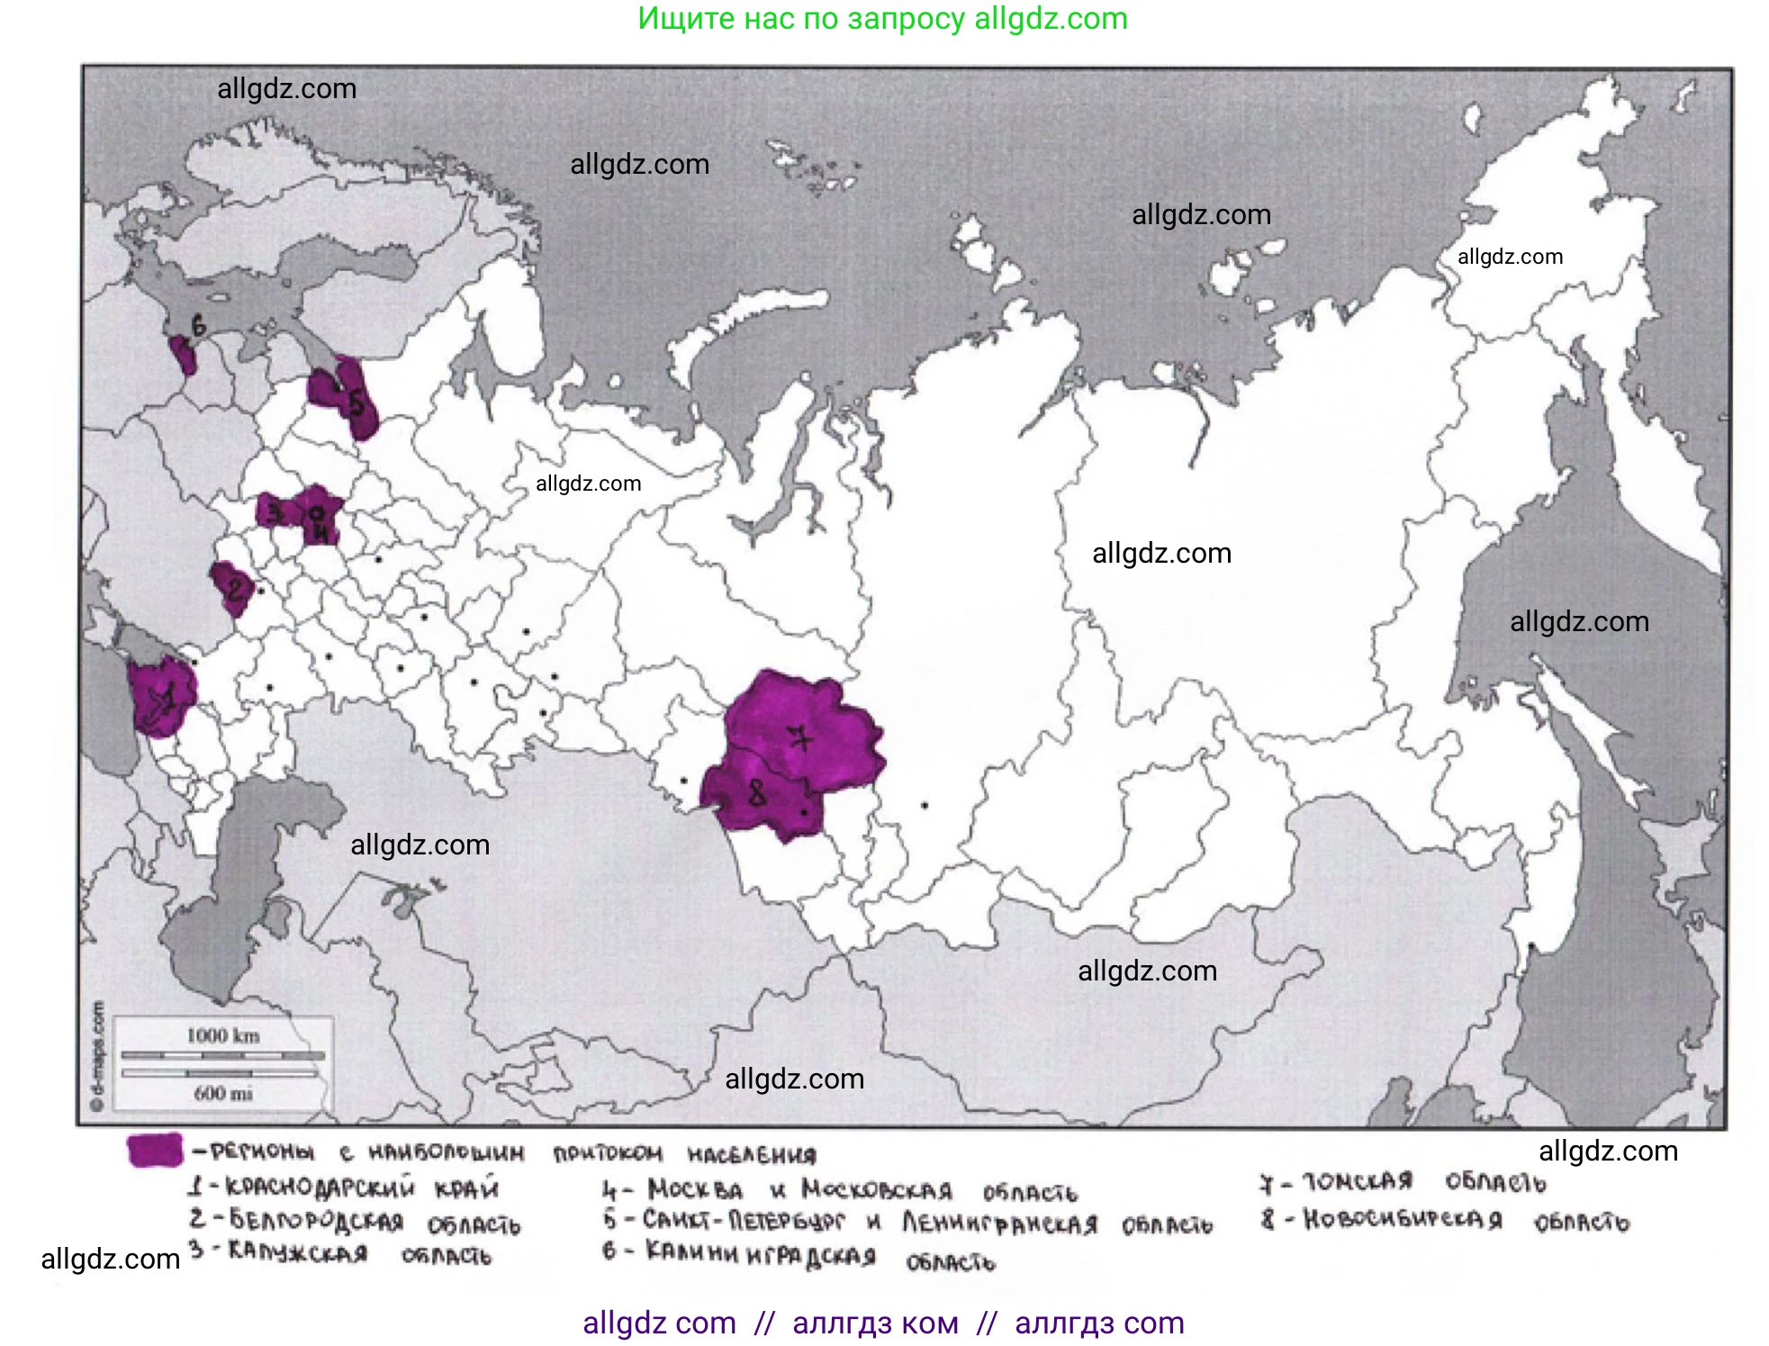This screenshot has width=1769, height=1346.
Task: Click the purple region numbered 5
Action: (x=347, y=396)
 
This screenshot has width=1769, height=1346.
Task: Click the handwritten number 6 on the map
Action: (x=199, y=325)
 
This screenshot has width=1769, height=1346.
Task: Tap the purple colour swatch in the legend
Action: (x=155, y=1150)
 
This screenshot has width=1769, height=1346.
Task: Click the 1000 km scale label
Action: (x=222, y=1034)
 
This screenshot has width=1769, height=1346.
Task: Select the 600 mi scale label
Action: (x=222, y=1093)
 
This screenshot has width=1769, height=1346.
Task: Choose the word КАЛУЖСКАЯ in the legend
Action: (x=297, y=1252)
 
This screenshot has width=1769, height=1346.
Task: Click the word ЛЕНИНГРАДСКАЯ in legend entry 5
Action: (x=999, y=1223)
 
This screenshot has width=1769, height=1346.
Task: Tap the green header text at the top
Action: (x=882, y=18)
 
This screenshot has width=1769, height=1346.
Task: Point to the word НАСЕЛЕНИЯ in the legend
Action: (x=752, y=1154)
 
